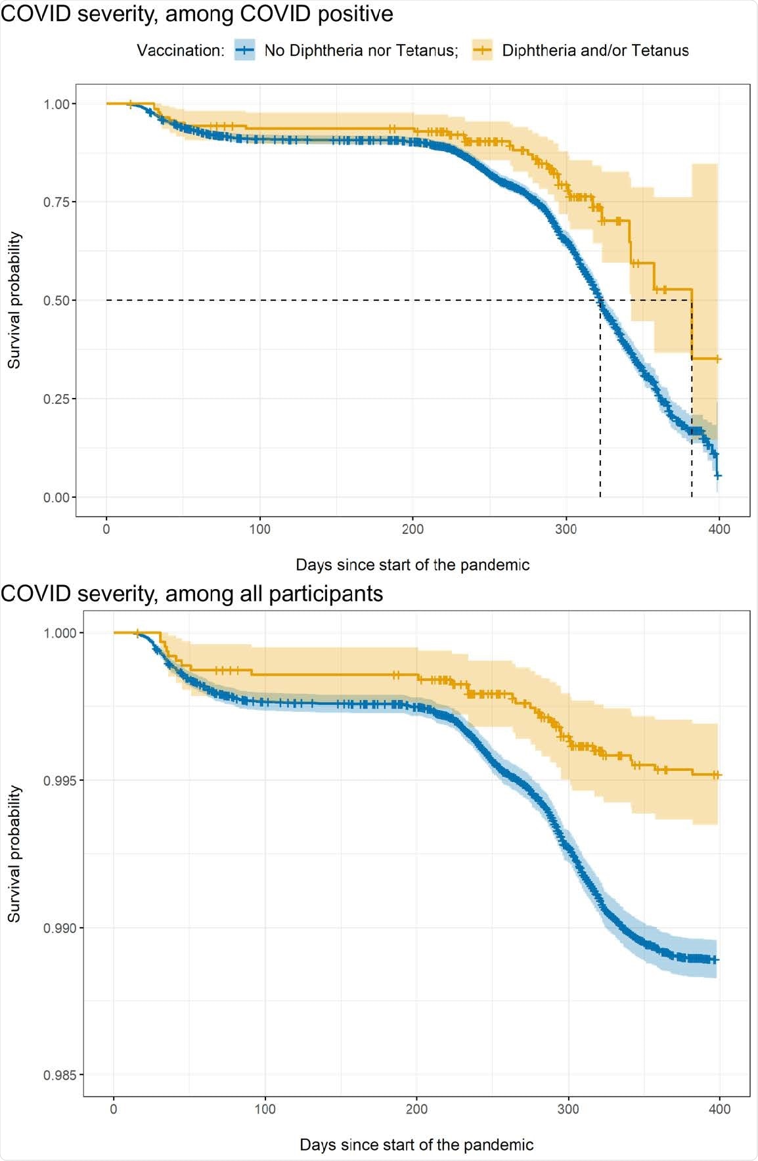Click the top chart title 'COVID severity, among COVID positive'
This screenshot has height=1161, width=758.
click(x=196, y=13)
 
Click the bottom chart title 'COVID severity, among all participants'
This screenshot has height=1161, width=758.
click(x=191, y=593)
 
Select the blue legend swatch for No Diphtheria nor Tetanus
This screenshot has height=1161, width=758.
click(x=244, y=50)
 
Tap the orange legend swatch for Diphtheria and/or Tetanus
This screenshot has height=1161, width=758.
click(x=482, y=50)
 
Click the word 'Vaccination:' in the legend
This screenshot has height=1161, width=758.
click(x=181, y=51)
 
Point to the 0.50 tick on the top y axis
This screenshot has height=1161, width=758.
click(x=56, y=301)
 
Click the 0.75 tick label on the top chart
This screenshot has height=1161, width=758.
click(x=56, y=202)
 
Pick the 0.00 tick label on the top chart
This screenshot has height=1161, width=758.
click(x=56, y=498)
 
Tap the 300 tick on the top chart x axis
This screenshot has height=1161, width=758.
click(x=566, y=529)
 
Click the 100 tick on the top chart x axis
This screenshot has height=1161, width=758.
click(x=259, y=529)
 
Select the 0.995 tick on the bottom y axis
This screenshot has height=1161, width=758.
click(x=59, y=781)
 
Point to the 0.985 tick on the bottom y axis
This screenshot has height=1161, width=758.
click(x=59, y=1076)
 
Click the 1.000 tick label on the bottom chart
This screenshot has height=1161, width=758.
click(x=59, y=633)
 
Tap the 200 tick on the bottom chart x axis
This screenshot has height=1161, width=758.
click(x=416, y=1109)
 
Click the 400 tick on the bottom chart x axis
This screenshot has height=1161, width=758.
click(x=720, y=1109)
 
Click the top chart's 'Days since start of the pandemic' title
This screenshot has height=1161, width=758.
click(x=412, y=565)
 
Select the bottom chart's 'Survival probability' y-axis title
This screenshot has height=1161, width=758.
click(x=14, y=854)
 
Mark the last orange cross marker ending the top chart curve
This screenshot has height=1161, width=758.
click(x=718, y=359)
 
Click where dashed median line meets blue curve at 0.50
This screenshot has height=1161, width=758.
click(x=600, y=301)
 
